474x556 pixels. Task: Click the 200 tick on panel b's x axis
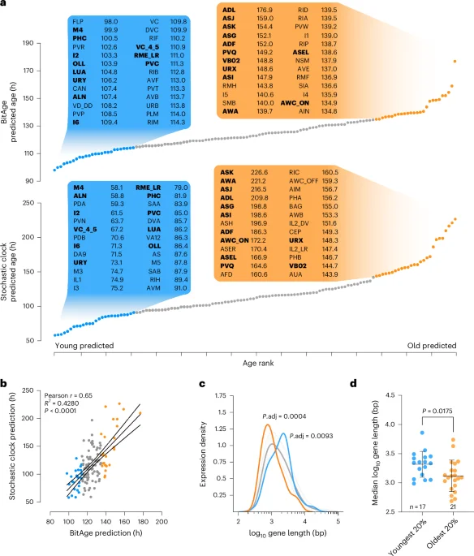click(x=162, y=522)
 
